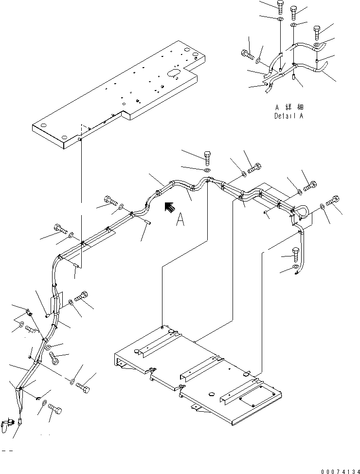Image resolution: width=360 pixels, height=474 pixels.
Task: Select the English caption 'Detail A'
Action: pos(288,116)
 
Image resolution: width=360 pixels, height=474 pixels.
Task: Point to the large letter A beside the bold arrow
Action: pos(180,220)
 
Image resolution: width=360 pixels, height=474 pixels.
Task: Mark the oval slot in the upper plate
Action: pos(173,73)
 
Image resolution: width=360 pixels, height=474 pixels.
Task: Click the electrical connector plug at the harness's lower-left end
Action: pos(7,425)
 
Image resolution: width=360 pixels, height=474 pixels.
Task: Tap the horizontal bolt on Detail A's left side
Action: pos(248,55)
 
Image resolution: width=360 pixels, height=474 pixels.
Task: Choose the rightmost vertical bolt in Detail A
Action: pos(317,33)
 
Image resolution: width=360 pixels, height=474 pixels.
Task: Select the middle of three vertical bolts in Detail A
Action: pos(294,13)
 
